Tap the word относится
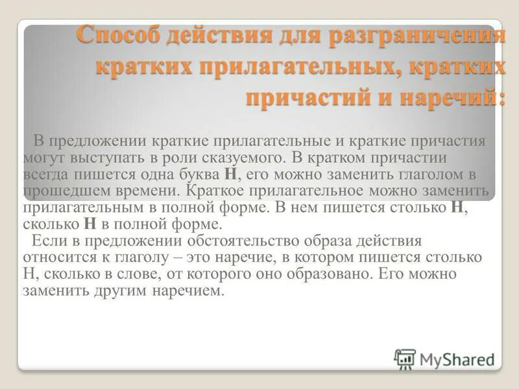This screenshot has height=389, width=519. coord(55,257)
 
